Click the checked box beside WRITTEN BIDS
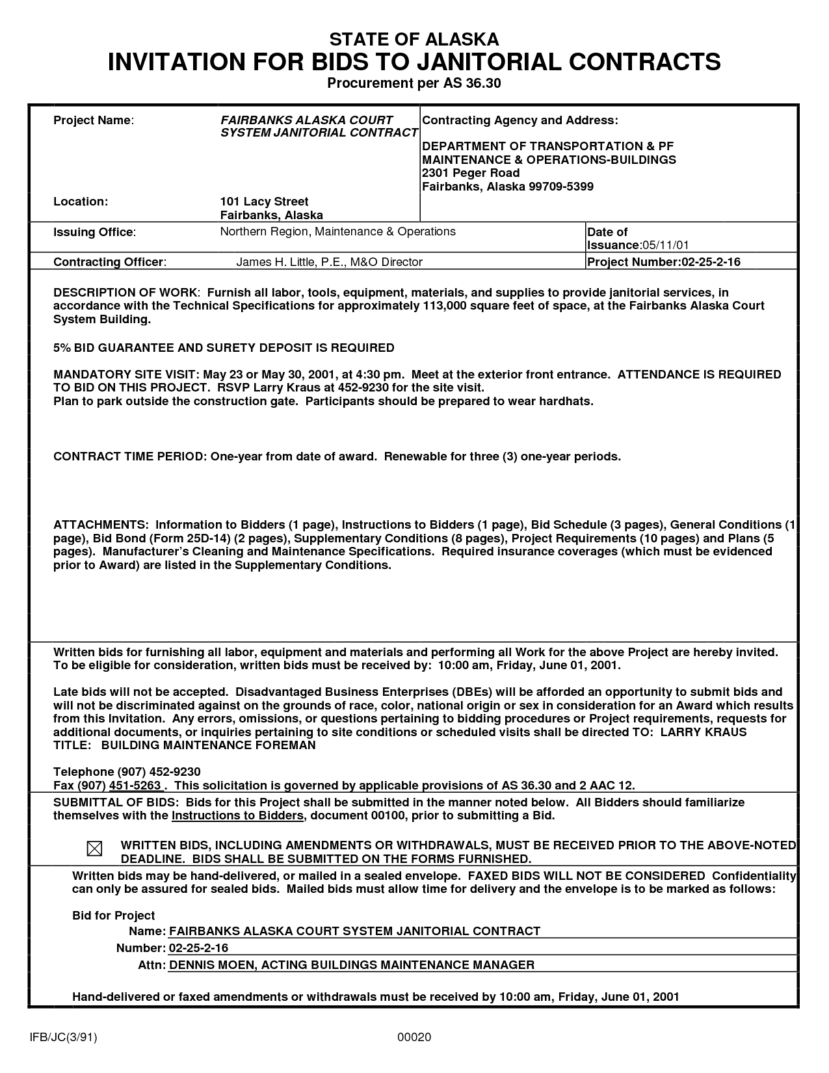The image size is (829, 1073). tap(94, 849)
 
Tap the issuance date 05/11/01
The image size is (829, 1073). tap(665, 245)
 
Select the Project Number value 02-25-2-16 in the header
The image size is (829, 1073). tap(711, 262)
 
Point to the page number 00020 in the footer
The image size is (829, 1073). tap(414, 1037)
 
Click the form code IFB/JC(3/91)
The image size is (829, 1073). tap(62, 1037)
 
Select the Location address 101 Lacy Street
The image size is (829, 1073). tap(264, 202)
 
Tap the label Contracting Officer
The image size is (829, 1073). tap(109, 262)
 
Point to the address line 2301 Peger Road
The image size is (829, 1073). tap(471, 173)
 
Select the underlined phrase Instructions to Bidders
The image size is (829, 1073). tap(237, 815)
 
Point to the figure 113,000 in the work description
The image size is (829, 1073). tap(444, 306)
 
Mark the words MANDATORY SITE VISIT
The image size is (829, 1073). tap(126, 375)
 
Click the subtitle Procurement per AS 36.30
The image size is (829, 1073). tap(414, 83)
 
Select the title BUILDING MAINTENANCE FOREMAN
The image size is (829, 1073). tap(209, 745)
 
